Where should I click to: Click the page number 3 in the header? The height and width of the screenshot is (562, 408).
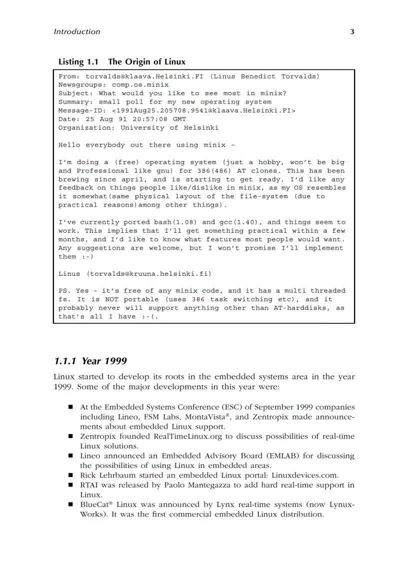coord(352,32)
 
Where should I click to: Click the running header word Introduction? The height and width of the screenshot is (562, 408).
coord(76,32)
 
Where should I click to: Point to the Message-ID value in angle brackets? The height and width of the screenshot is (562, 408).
coord(203,111)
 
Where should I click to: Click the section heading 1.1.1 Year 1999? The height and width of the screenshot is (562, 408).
coord(90,361)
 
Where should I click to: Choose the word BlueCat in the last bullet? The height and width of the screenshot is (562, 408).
coord(93,504)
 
